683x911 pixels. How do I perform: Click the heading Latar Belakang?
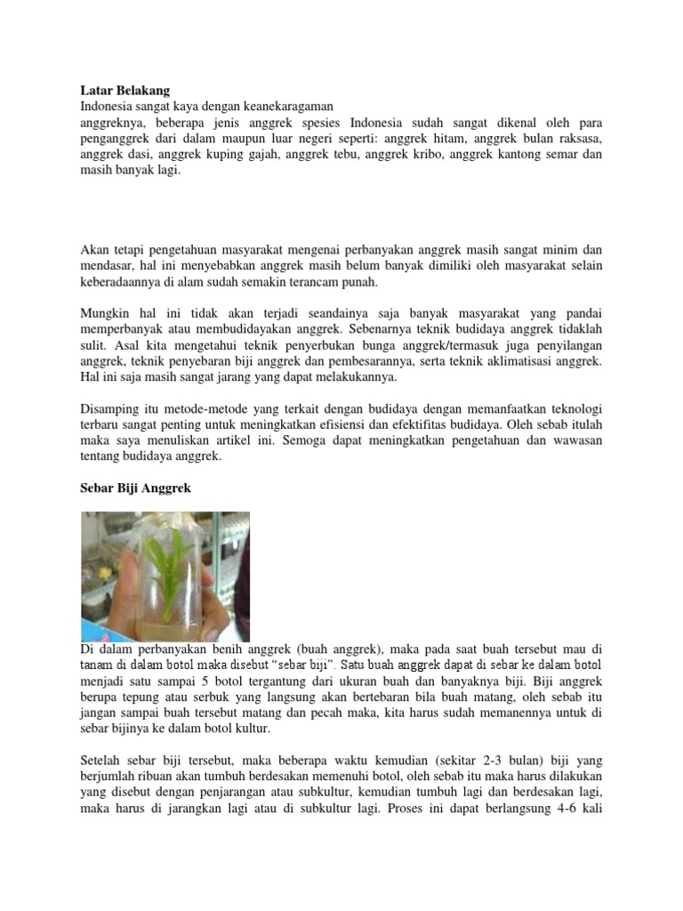coord(125,90)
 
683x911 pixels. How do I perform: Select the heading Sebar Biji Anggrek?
coord(136,490)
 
